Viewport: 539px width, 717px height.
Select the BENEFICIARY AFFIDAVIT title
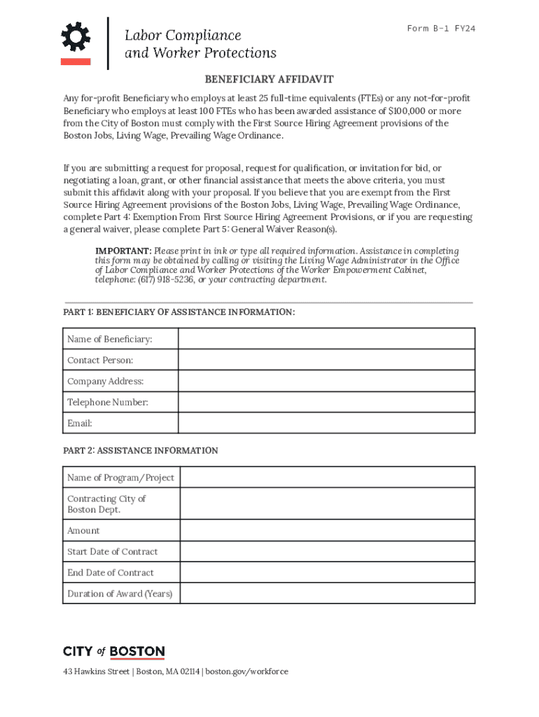tap(269, 80)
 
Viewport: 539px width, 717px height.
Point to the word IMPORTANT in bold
tap(122, 251)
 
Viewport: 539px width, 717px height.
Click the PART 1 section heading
tap(178, 312)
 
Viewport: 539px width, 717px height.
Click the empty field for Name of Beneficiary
tap(326, 339)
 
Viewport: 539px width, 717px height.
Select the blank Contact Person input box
tap(326, 360)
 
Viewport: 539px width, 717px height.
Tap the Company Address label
tap(105, 381)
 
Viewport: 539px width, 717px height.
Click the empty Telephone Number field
tap(326, 402)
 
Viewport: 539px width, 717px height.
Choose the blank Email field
tap(326, 423)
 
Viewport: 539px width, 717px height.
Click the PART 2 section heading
tap(141, 450)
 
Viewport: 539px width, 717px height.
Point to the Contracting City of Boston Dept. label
tap(106, 504)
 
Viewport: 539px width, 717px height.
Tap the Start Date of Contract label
tap(112, 551)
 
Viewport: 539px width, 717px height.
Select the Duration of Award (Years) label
tap(119, 593)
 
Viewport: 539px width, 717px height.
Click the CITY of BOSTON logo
tap(114, 652)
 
